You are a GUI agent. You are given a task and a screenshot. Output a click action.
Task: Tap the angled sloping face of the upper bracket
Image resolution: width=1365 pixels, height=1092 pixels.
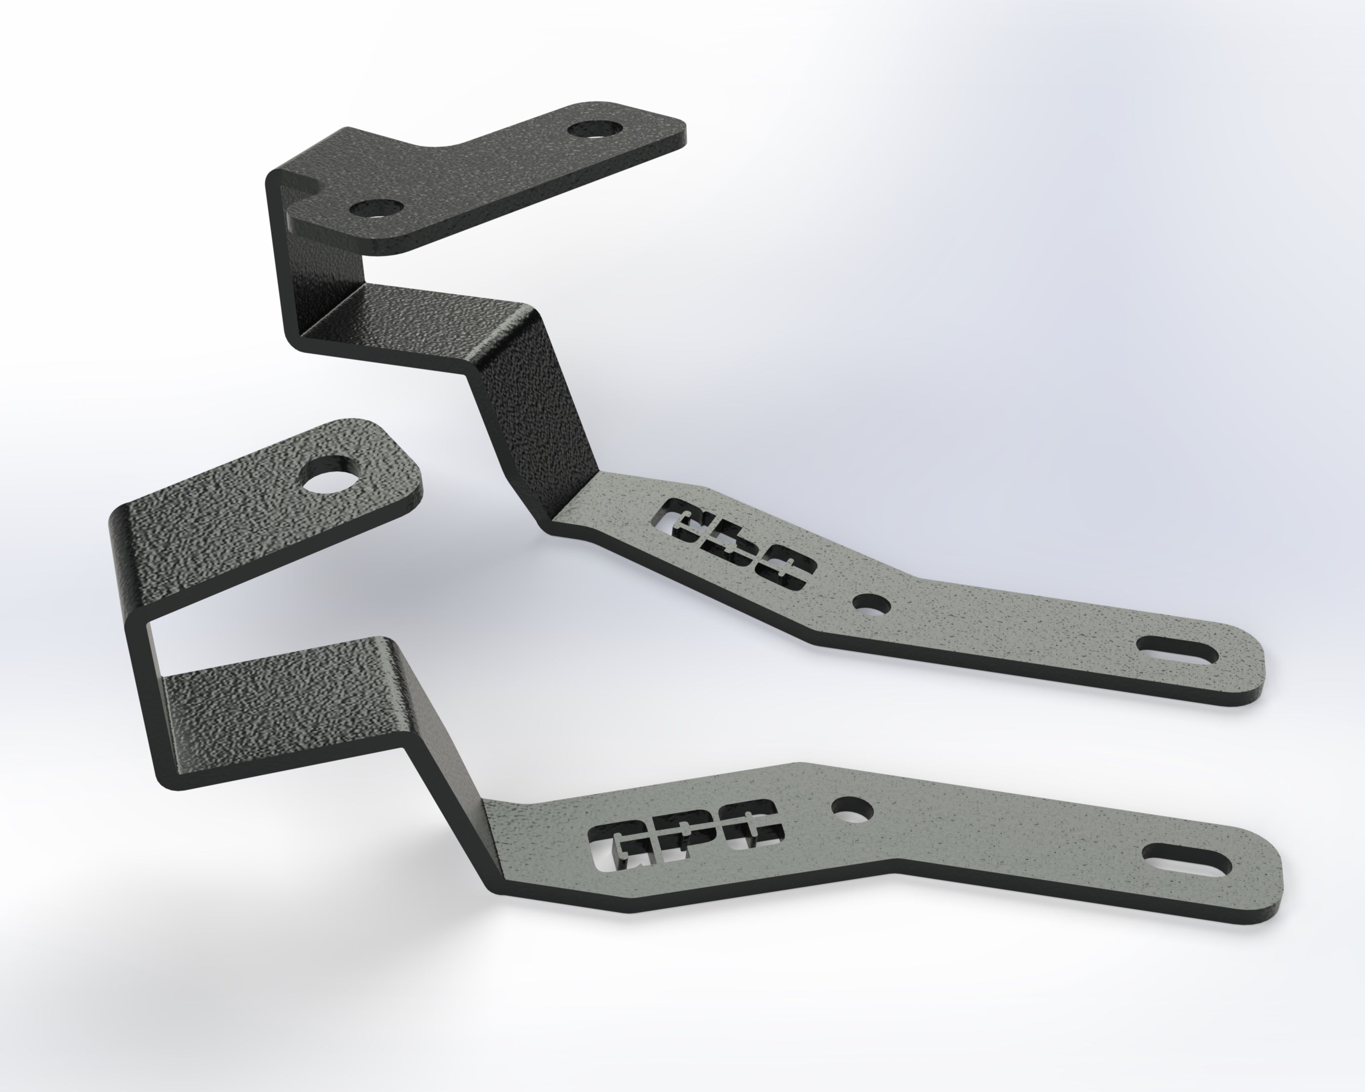[532, 412]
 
